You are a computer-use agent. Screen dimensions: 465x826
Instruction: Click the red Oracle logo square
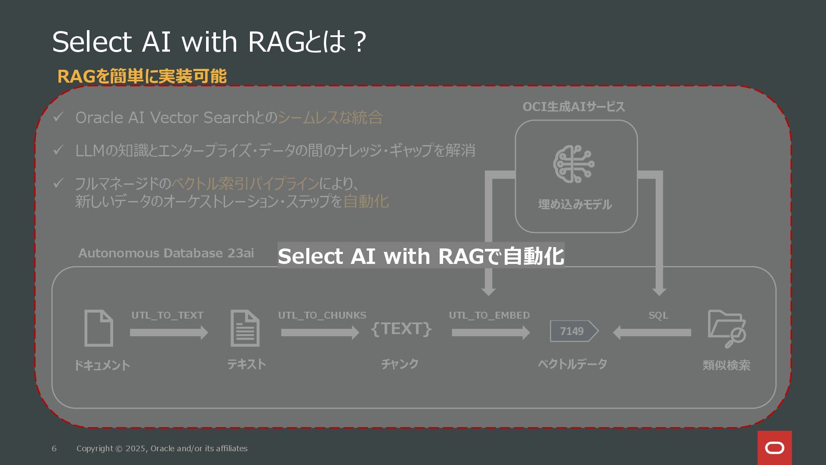point(774,448)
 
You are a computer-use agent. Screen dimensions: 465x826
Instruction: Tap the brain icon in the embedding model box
point(574,164)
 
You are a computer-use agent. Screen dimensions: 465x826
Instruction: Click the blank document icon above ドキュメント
point(99,328)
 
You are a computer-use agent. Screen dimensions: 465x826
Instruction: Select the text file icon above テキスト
point(245,328)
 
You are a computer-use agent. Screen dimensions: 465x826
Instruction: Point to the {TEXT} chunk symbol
point(401,329)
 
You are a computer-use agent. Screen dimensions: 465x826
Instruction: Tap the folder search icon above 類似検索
point(727,329)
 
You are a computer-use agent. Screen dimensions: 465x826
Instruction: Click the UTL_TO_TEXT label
point(167,315)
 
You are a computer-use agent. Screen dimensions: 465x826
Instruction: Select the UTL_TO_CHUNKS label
point(322,315)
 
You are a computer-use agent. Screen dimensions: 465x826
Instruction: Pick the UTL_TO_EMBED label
point(489,315)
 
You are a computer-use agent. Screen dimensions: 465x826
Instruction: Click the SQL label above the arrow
point(658,315)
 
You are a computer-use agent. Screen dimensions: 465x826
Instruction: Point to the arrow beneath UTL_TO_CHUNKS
point(320,332)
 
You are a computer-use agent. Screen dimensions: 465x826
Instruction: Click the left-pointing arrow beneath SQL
point(652,332)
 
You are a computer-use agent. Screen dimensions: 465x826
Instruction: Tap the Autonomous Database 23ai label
point(166,253)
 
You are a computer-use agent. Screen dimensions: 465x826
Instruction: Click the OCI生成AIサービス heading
point(573,107)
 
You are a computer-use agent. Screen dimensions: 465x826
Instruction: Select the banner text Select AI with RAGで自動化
point(421,256)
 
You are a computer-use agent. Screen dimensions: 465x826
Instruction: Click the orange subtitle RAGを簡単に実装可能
point(142,76)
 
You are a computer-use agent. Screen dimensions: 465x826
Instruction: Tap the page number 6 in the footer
point(54,449)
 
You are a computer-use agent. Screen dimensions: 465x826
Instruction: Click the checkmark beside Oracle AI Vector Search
point(58,117)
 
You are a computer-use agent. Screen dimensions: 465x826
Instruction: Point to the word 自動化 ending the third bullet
point(366,201)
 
